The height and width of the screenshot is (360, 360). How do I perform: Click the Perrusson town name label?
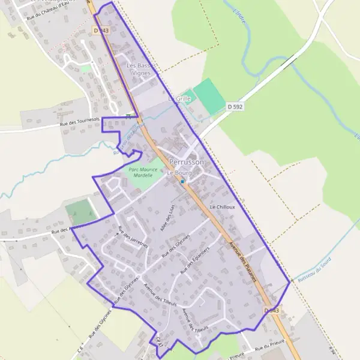point(187,163)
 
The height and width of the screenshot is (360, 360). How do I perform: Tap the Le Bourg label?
point(178,173)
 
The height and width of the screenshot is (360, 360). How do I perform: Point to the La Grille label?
point(179,98)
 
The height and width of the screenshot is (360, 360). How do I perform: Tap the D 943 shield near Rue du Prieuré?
point(272,310)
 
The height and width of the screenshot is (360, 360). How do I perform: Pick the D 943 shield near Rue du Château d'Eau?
point(102,29)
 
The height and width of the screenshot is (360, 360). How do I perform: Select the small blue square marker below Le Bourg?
point(182,181)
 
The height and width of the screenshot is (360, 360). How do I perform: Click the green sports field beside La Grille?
point(208,96)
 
